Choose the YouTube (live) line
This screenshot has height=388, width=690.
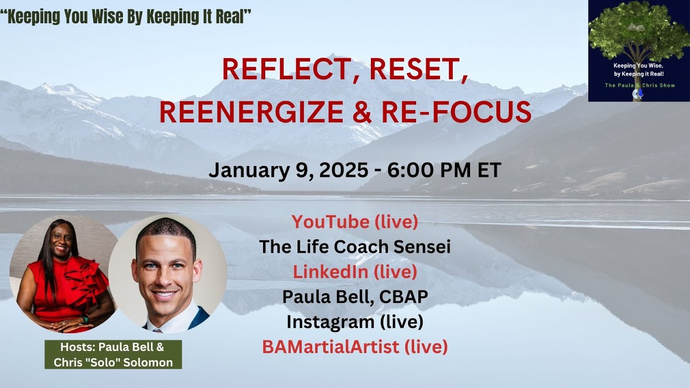(355, 221)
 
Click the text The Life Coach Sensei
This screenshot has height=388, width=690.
(355, 247)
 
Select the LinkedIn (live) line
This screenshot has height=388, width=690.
(355, 272)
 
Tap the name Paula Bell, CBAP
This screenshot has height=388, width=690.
(355, 297)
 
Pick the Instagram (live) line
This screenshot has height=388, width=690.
(355, 322)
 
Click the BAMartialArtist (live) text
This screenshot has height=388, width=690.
(355, 347)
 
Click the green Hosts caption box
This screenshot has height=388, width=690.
(113, 355)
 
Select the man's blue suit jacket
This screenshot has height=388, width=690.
(199, 318)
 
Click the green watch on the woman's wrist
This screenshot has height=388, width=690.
(85, 319)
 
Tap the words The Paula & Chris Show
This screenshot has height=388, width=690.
(639, 85)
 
